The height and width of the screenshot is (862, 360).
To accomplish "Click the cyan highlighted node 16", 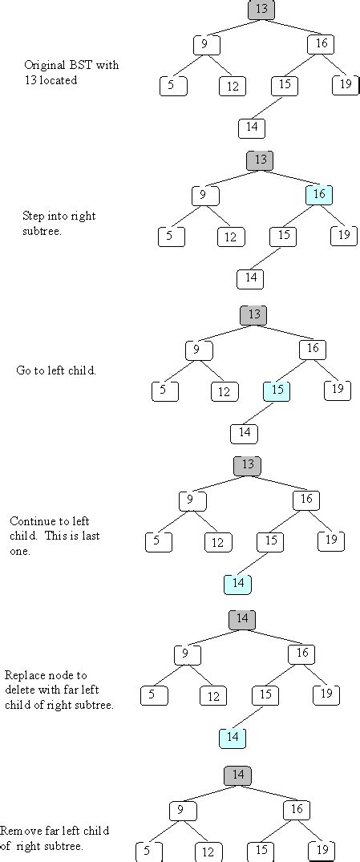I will pyautogui.click(x=319, y=195).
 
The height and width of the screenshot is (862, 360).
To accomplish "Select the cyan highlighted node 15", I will pyautogui.click(x=277, y=391).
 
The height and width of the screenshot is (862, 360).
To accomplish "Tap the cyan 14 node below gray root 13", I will pyautogui.click(x=237, y=584).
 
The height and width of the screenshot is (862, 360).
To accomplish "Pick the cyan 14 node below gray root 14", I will pyautogui.click(x=233, y=737).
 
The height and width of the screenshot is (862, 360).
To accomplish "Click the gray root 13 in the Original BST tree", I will pyautogui.click(x=261, y=10).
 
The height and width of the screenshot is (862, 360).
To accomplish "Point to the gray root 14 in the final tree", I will pyautogui.click(x=238, y=775).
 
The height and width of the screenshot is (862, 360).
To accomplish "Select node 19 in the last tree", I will pyautogui.click(x=322, y=850).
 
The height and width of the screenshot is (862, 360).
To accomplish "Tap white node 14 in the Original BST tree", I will pyautogui.click(x=252, y=127).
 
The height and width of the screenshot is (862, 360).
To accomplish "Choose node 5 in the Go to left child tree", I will pyautogui.click(x=164, y=391).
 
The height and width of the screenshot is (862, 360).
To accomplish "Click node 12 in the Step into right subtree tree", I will pyautogui.click(x=231, y=237).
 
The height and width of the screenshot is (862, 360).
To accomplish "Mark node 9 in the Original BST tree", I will pyautogui.click(x=206, y=44).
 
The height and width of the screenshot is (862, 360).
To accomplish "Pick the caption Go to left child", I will pyautogui.click(x=56, y=371).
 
